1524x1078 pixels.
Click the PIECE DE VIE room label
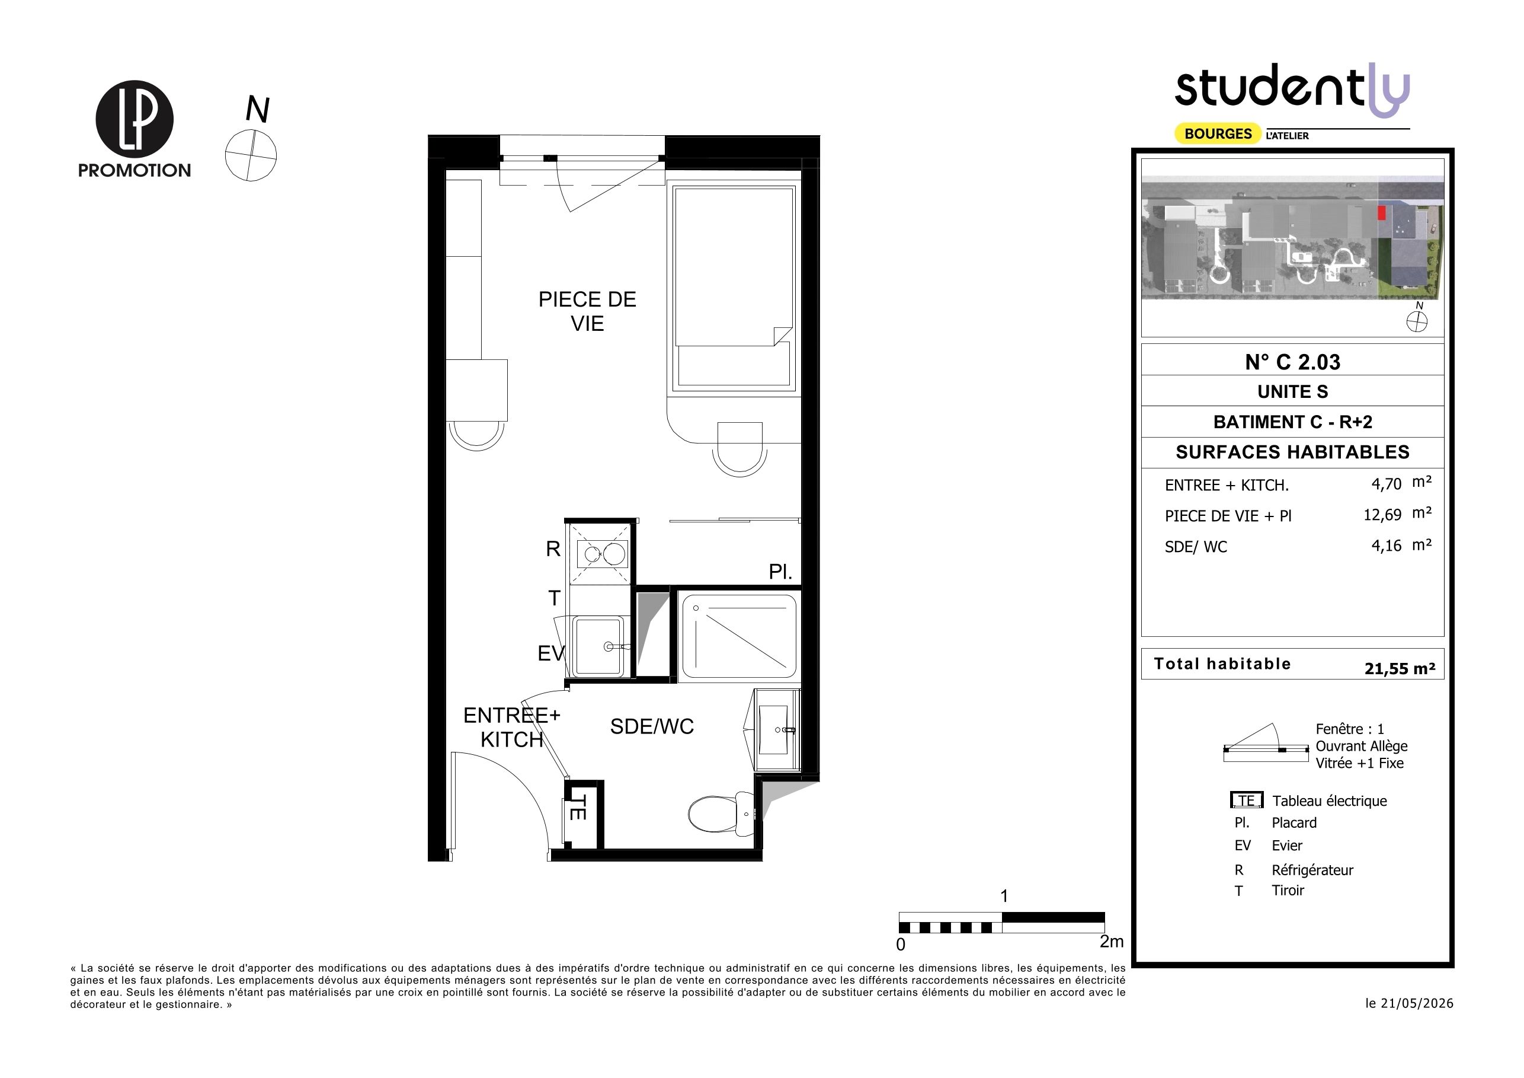click(x=587, y=311)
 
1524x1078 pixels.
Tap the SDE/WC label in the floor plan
click(x=652, y=726)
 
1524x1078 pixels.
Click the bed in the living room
click(x=734, y=289)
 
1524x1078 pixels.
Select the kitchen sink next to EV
click(x=598, y=646)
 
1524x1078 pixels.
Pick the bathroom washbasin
click(x=777, y=730)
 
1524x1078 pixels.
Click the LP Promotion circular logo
click(x=135, y=119)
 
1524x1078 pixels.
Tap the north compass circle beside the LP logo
click(x=251, y=155)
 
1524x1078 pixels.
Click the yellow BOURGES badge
click(x=1218, y=133)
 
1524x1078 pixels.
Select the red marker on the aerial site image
click(x=1382, y=212)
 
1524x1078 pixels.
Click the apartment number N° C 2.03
click(x=1292, y=362)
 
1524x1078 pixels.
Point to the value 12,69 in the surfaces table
click(x=1382, y=515)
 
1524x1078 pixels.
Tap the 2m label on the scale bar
click(x=1112, y=941)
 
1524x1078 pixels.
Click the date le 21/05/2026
click(x=1409, y=1004)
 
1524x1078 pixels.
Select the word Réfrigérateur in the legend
click(x=1312, y=870)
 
